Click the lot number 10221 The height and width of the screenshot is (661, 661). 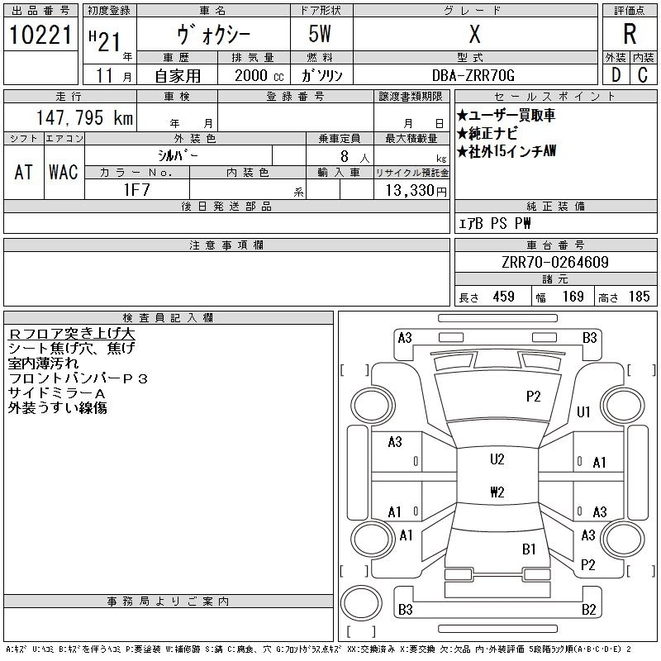point(40,35)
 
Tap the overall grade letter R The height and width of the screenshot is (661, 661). point(630,34)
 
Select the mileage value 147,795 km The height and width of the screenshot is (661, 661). point(84,117)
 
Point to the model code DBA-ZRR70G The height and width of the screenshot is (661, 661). point(473,75)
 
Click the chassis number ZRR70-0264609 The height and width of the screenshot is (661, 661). point(555,262)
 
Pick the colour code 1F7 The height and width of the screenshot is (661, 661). point(136,190)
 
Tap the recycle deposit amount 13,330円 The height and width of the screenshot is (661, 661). point(416,191)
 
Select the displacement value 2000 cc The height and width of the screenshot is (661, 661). point(259,76)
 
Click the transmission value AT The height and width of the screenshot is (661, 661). point(24,172)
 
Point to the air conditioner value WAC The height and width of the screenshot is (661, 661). point(64,172)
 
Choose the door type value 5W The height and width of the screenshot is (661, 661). point(320,34)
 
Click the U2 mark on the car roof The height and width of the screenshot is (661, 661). point(497,459)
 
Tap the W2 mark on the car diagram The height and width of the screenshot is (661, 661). point(497,492)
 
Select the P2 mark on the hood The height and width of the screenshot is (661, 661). point(533,397)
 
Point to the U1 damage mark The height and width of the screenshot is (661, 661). point(583,411)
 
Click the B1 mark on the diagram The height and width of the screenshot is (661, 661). point(529,549)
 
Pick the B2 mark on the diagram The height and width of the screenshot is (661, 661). point(589,610)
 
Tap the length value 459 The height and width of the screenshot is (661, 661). point(504,297)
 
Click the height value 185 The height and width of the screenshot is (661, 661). point(639,297)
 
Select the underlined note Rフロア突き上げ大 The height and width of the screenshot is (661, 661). point(71,334)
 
